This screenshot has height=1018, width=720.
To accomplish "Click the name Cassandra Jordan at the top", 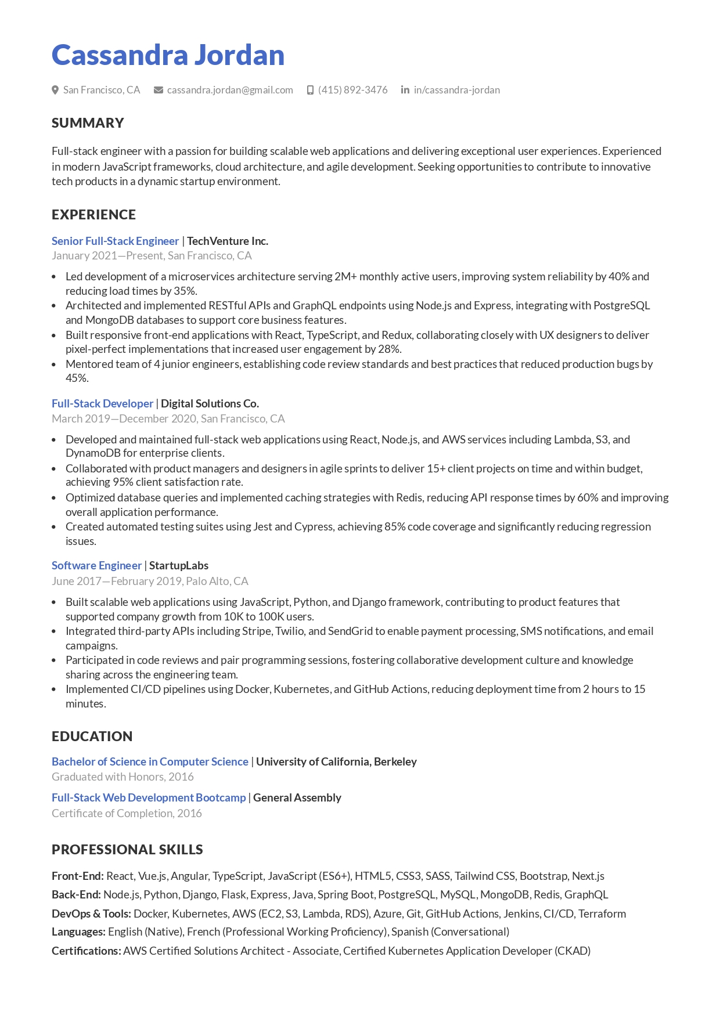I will pos(168,55).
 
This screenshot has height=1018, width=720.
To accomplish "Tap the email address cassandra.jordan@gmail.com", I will pos(229,90).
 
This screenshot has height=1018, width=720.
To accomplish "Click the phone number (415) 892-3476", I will pos(352,90).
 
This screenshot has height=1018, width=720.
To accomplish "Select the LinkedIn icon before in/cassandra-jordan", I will pos(405,90).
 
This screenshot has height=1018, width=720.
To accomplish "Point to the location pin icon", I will pos(55,90).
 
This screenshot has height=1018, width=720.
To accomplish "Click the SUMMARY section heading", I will pos(88,123).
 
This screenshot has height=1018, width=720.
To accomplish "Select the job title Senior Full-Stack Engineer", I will pos(115,241).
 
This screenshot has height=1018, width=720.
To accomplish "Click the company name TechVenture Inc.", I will pos(228,241).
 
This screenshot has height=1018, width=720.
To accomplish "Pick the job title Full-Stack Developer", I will pos(102,403).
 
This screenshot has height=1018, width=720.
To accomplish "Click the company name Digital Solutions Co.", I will pos(210,403).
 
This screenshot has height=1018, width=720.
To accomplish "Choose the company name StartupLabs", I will pos(179,565).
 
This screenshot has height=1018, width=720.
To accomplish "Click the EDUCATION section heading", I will pos(92,737).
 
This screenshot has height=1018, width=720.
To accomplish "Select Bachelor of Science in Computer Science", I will pos(150,761).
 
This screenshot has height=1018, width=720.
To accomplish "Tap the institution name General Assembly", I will pos(297,797).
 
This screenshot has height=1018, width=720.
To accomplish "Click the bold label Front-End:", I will pos(78,876).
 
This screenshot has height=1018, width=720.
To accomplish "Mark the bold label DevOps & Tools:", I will pos(91,914).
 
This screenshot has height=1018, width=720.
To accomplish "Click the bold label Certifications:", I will pos(86,951).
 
